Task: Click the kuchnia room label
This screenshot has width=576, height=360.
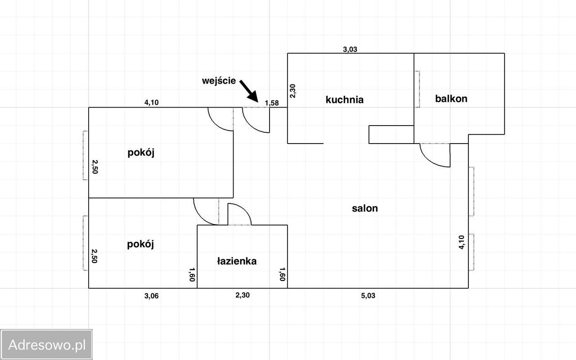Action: click(344, 100)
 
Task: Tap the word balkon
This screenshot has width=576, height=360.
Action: click(451, 99)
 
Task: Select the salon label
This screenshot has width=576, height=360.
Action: click(365, 208)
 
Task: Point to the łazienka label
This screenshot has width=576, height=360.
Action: click(237, 261)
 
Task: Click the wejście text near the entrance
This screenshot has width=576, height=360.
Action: click(219, 81)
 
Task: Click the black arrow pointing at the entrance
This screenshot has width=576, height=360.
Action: click(248, 91)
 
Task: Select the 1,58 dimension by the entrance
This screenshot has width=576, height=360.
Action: click(272, 103)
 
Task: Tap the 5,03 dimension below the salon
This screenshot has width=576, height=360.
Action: click(368, 296)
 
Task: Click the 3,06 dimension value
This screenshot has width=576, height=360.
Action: click(151, 296)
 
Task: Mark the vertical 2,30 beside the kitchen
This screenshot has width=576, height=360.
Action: click(293, 91)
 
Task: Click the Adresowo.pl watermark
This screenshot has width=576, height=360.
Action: click(47, 345)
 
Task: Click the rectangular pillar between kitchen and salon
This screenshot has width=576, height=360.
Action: click(391, 134)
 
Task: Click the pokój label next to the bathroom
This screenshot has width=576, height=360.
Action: click(140, 244)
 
